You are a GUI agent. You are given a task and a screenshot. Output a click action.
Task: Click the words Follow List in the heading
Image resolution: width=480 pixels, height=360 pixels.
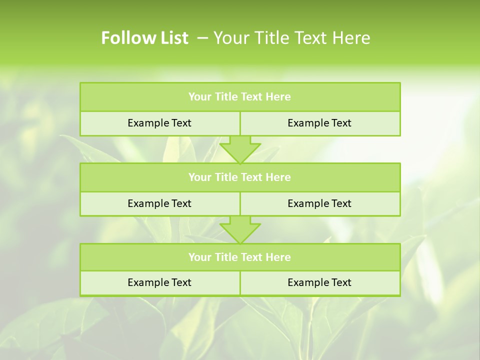[x=144, y=38]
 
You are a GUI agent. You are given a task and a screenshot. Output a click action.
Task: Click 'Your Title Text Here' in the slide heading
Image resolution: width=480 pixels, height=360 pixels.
[x=291, y=38]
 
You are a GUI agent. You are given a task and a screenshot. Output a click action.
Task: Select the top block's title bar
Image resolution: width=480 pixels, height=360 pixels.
[x=240, y=97]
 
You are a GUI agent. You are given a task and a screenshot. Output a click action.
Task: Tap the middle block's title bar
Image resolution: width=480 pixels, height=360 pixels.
[x=240, y=177]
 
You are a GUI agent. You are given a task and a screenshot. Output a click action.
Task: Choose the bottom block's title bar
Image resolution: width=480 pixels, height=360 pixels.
[x=240, y=257]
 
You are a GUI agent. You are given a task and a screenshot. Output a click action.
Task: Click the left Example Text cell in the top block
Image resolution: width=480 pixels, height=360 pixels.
[x=159, y=123]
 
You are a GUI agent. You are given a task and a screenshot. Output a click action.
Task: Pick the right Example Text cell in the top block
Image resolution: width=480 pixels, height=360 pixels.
[x=319, y=123]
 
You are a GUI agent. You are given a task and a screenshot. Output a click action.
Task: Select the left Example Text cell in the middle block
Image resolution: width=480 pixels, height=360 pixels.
[x=159, y=203]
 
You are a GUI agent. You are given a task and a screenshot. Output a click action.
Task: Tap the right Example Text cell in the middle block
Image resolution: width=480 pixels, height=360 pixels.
[x=319, y=203]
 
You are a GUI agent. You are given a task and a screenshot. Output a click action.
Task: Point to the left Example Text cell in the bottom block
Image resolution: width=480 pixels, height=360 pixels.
[x=159, y=282]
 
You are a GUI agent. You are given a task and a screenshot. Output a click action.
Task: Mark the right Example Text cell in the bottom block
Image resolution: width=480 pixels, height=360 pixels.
[x=319, y=282]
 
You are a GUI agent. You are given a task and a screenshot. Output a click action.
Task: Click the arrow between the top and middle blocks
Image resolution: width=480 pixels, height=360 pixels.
[x=240, y=149]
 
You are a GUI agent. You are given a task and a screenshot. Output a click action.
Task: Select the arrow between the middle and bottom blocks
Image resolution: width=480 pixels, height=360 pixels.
[x=240, y=229]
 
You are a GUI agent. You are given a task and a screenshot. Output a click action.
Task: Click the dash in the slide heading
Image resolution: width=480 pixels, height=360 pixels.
[x=203, y=38]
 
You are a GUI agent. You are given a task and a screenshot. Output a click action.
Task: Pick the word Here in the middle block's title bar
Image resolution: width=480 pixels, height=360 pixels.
[x=278, y=177]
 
